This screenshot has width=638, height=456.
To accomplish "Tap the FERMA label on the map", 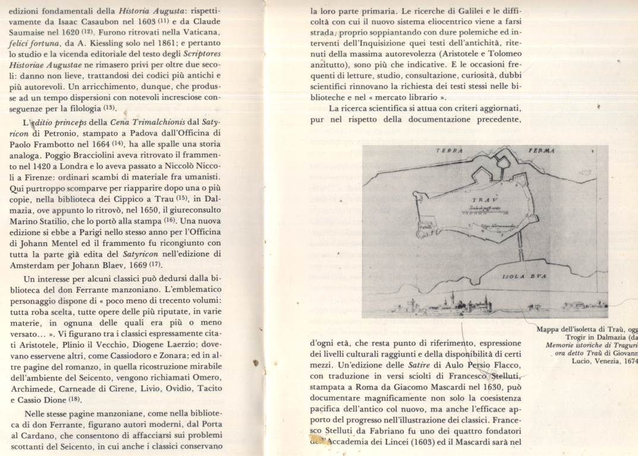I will point(540,150).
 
